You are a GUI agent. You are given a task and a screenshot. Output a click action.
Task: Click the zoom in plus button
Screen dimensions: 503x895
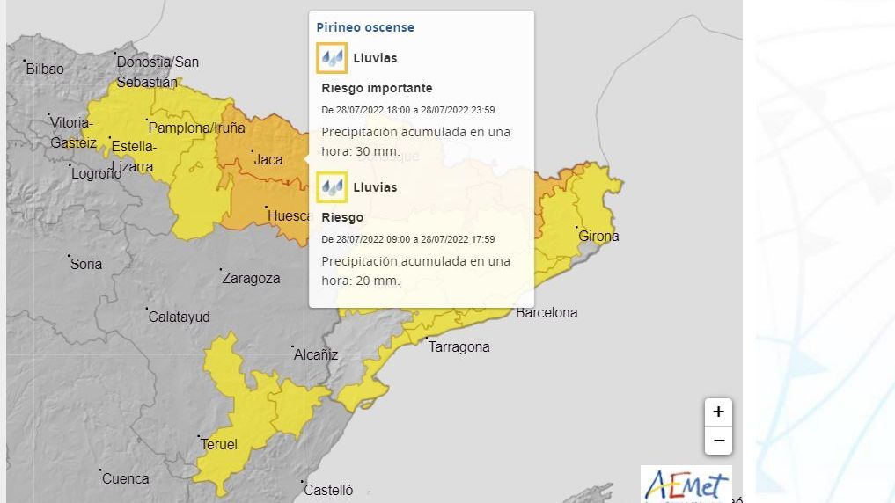pyautogui.click(x=718, y=412)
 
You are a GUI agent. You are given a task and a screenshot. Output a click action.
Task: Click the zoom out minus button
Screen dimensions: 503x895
pyautogui.click(x=718, y=441)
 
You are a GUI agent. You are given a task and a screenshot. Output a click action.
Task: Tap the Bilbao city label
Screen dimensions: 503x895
pyautogui.click(x=45, y=69)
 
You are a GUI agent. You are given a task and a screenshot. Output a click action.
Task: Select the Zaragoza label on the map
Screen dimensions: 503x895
pyautogui.click(x=251, y=278)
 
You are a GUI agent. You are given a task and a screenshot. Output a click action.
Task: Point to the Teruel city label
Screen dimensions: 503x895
pyautogui.click(x=219, y=445)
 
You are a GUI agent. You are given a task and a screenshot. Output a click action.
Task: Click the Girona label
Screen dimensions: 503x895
pyautogui.click(x=598, y=236)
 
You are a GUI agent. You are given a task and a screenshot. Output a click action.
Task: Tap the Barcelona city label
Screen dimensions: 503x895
pyautogui.click(x=547, y=312)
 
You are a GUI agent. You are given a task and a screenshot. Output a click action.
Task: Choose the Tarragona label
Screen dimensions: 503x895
pyautogui.click(x=459, y=346)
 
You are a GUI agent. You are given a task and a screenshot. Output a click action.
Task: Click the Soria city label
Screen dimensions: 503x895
pyautogui.click(x=86, y=264)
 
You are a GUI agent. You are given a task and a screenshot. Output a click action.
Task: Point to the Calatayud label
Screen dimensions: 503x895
pyautogui.click(x=179, y=316)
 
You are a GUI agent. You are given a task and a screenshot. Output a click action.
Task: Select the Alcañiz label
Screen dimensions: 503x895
pyautogui.click(x=316, y=354)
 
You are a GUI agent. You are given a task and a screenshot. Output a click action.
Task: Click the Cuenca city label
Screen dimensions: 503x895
pyautogui.click(x=126, y=478)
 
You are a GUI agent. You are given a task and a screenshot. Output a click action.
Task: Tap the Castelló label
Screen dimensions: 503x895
pyautogui.click(x=327, y=490)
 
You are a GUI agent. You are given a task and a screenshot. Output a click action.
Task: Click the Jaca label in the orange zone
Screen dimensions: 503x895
pyautogui.click(x=268, y=159)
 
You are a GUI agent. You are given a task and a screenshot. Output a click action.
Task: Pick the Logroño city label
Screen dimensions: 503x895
pyautogui.click(x=97, y=173)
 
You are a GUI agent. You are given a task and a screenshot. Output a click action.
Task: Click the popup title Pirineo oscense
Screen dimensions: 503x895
pyautogui.click(x=365, y=27)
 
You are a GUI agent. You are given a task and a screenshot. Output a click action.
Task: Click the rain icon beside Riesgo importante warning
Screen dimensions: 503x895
pyautogui.click(x=332, y=58)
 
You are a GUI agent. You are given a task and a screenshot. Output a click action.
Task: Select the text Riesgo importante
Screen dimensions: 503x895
pyautogui.click(x=377, y=88)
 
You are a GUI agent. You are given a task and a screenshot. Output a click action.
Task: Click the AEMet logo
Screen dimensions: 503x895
pyautogui.click(x=686, y=485)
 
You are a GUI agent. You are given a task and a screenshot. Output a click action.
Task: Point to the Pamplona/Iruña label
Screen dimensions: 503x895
pyautogui.click(x=196, y=128)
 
